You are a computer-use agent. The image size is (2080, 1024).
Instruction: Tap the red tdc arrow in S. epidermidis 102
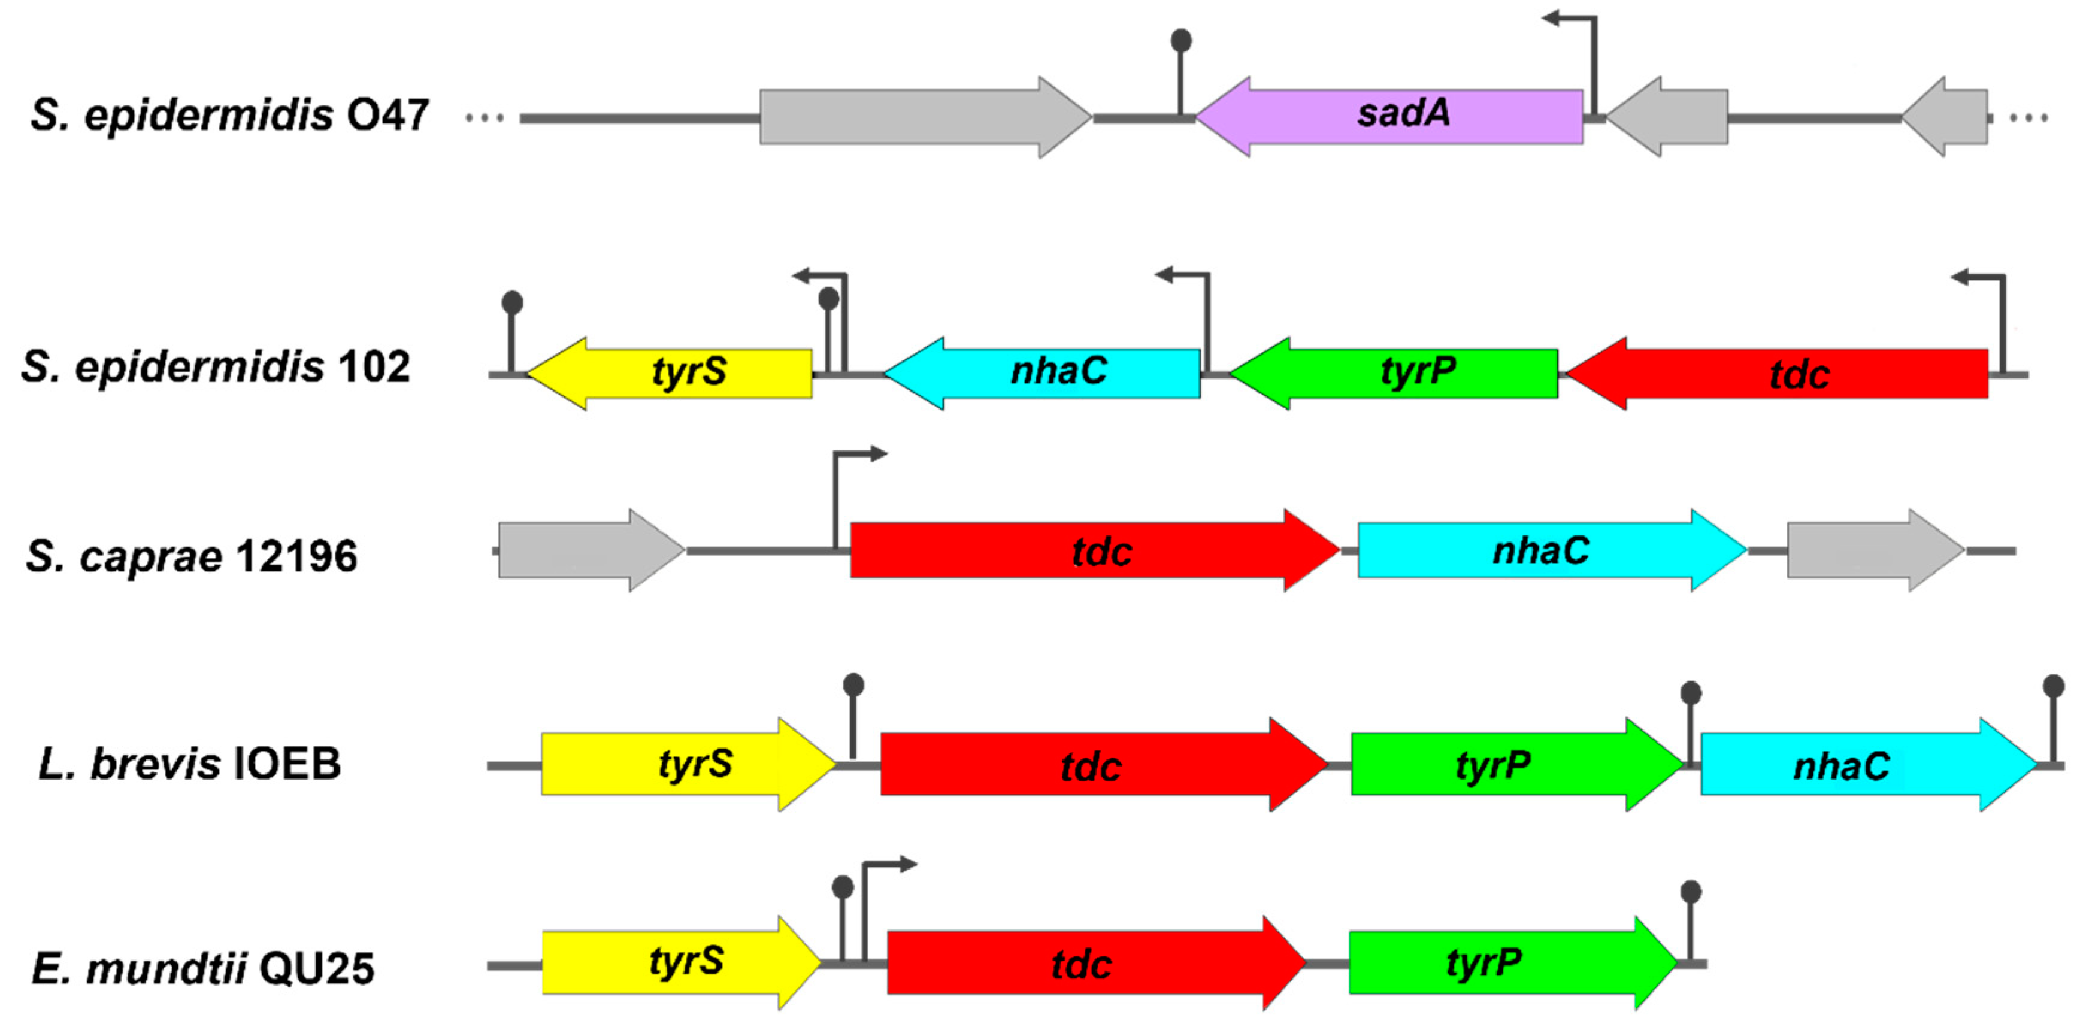click(1776, 373)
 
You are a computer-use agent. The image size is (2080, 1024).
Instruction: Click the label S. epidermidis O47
click(230, 114)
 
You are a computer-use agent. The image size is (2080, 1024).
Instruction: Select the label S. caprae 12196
click(192, 556)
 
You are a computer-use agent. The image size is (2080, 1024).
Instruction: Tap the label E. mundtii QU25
click(204, 968)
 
